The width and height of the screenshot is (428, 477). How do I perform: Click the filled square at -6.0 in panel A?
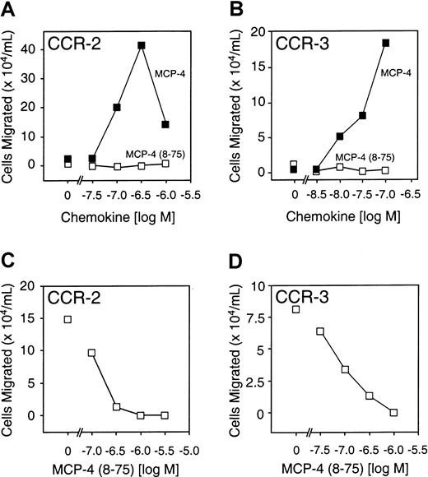pos(165,124)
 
